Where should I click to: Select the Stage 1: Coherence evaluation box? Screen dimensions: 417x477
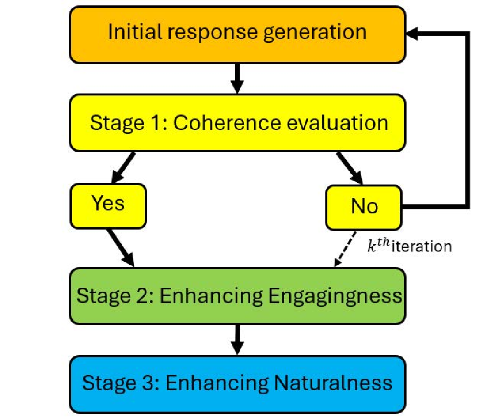point(237,123)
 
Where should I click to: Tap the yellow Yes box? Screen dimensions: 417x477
point(109,205)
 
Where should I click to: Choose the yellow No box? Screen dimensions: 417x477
point(364,207)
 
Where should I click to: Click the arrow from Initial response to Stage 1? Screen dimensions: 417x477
point(237,78)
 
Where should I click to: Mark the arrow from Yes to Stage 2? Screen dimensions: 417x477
point(121,247)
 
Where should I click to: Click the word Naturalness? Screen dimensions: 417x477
point(332,382)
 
